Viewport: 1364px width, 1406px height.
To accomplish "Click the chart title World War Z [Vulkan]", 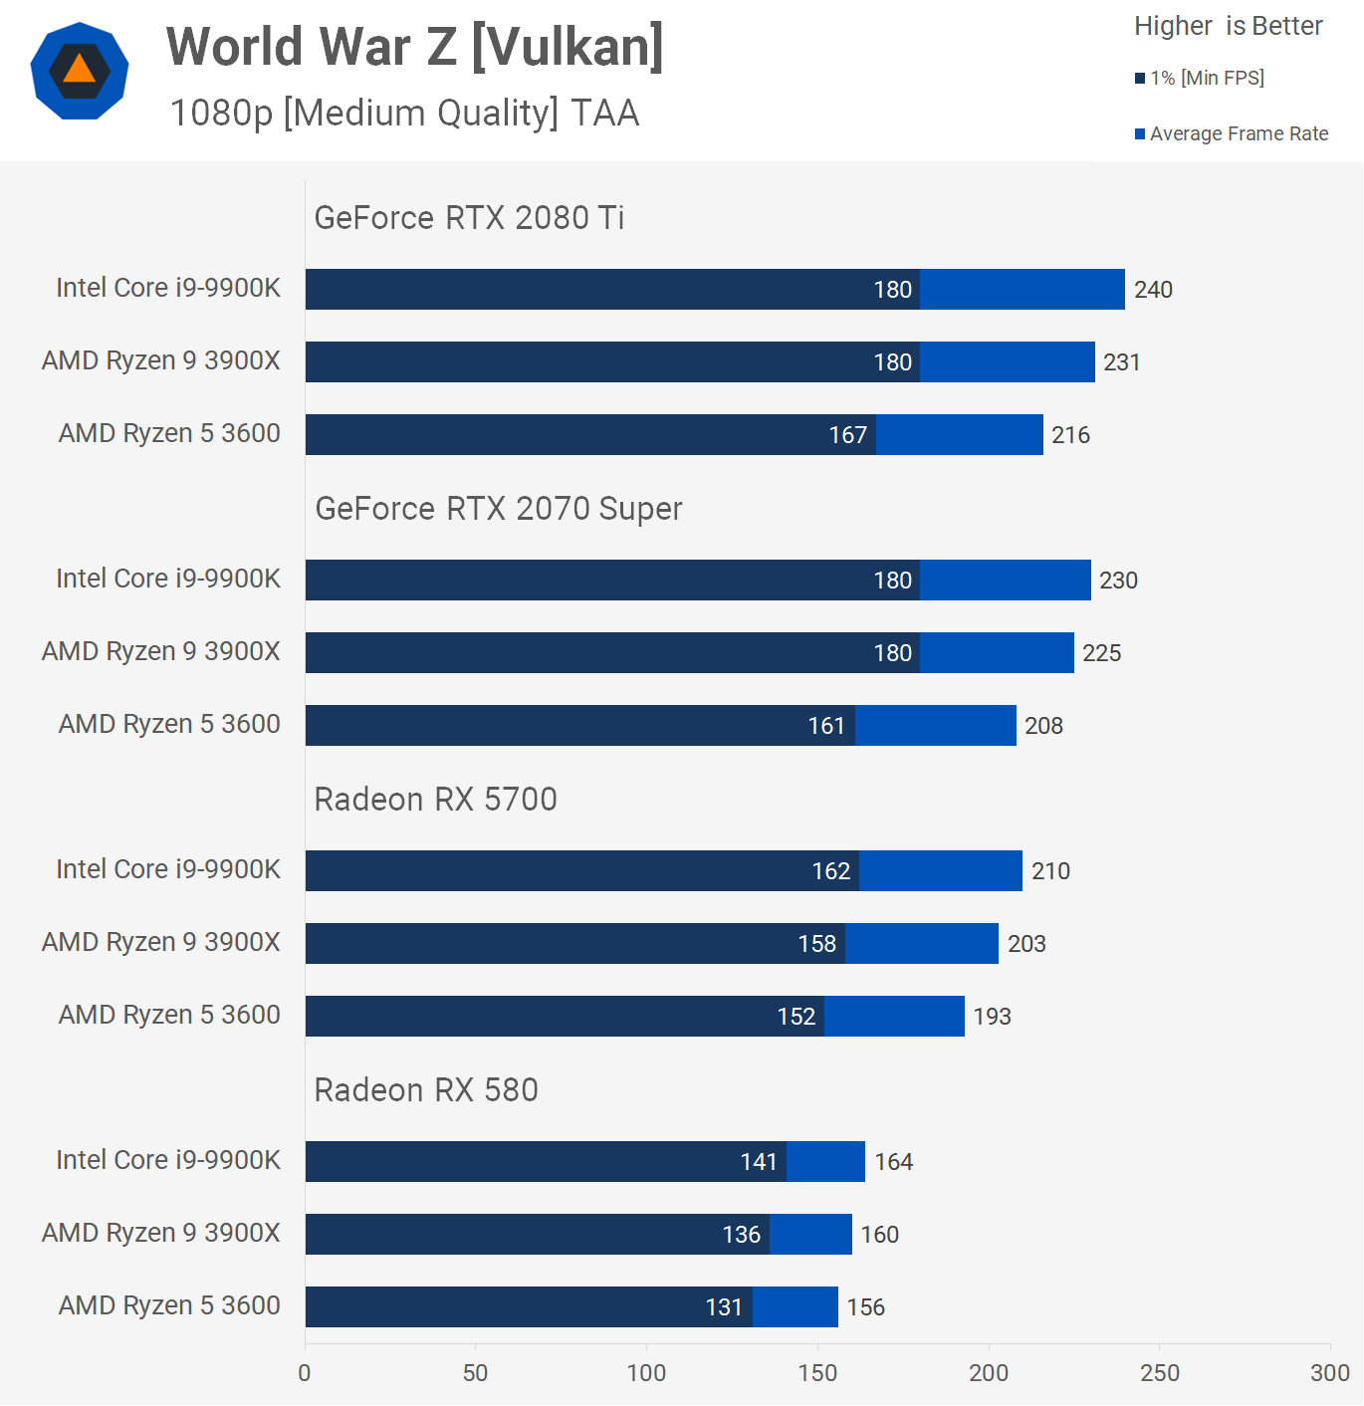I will point(414,47).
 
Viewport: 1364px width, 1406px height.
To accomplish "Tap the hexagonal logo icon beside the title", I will point(80,71).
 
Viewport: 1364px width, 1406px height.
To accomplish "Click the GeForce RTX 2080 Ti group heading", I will point(469,217).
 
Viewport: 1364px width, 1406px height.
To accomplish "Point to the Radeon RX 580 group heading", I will point(426,1089).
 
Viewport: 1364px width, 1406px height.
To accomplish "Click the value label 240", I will point(1153,290).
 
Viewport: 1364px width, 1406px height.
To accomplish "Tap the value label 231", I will point(1121,362).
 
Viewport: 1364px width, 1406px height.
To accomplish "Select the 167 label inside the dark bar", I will point(847,435).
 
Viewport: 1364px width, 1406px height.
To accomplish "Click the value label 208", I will point(1043,726).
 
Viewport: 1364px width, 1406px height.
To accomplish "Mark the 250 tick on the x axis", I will point(1159,1372).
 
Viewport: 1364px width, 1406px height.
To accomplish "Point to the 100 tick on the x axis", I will point(646,1372).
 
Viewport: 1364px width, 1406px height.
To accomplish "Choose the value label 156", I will point(865,1307).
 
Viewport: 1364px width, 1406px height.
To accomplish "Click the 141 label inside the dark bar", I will point(758,1162).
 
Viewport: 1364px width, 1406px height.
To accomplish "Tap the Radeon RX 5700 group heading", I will point(435,799).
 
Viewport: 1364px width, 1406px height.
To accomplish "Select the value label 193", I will point(992,1017).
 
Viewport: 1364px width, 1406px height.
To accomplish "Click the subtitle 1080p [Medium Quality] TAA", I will point(404,113).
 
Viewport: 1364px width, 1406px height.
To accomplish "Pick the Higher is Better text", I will point(1228,26).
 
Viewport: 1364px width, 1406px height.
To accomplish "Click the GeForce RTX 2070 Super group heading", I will point(498,508).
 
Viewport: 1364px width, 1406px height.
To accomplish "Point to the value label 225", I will point(1101,653).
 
